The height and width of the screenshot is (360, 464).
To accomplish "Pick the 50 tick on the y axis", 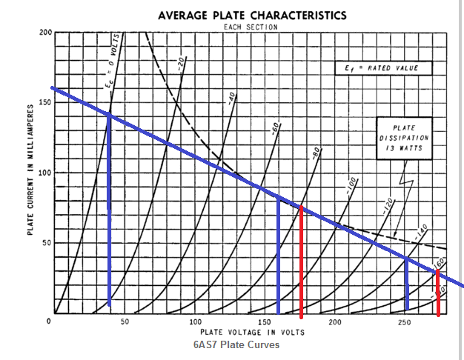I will pyautogui.click(x=46, y=243).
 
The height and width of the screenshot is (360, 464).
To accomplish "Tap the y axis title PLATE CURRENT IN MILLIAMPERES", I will pyautogui.click(x=31, y=170).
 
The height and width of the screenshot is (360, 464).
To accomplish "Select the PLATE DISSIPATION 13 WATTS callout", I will pyautogui.click(x=403, y=137).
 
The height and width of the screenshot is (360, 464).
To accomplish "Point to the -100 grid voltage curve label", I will pyautogui.click(x=352, y=186).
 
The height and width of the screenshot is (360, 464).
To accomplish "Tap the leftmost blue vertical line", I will pyautogui.click(x=109, y=207).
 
